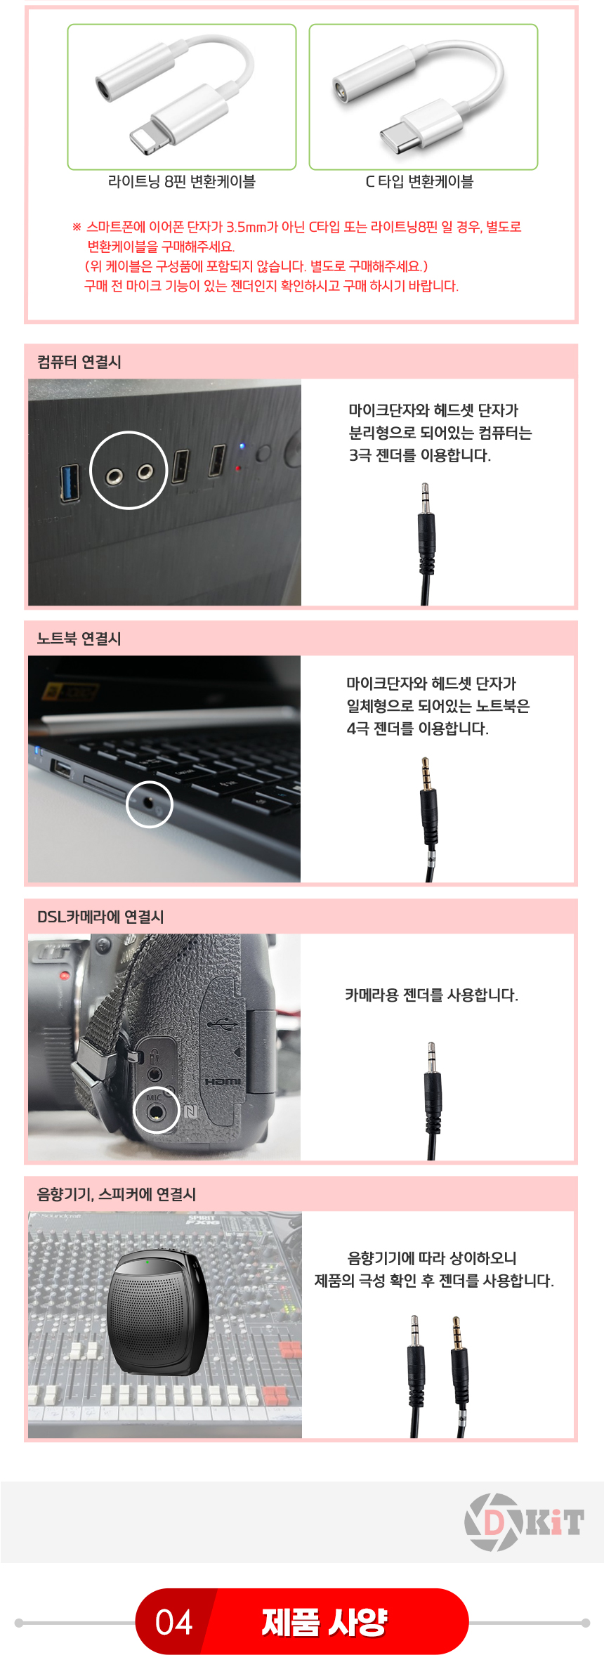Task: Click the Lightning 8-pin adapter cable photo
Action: (x=181, y=97)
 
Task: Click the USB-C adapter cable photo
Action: (x=424, y=97)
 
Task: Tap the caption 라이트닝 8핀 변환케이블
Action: (x=182, y=182)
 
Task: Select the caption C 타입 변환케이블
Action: (x=420, y=182)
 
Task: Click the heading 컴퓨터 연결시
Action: (x=79, y=362)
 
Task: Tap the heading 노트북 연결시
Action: (x=79, y=639)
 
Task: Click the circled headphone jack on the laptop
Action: (x=150, y=803)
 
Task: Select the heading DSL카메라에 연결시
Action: (x=100, y=917)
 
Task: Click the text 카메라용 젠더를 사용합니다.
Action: (x=431, y=995)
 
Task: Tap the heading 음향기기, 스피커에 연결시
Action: (x=117, y=1194)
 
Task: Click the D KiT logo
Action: (x=524, y=1522)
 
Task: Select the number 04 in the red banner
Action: (x=173, y=1622)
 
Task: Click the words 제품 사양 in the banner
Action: (x=324, y=1622)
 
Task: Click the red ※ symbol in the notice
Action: (x=77, y=227)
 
